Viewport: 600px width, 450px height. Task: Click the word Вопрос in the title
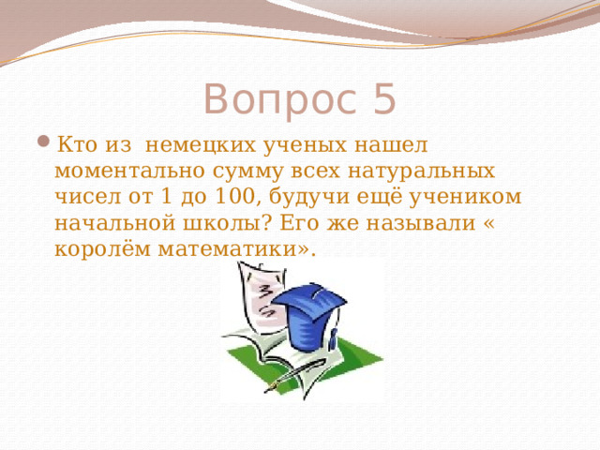[275, 98]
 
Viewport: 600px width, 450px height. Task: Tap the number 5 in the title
[382, 98]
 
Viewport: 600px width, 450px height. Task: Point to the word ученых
[304, 146]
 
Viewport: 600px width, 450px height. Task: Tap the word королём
[98, 250]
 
